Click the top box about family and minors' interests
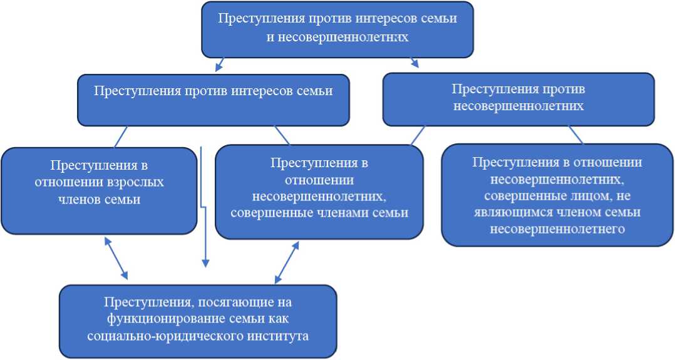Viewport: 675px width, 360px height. point(337,28)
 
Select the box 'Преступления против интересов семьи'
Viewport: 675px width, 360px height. point(213,100)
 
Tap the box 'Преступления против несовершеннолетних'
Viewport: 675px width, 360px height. point(518,98)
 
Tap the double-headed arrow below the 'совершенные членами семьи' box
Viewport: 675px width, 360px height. point(287,263)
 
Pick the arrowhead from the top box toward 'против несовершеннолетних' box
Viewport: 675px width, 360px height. point(415,63)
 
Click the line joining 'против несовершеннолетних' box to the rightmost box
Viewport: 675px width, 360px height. point(575,134)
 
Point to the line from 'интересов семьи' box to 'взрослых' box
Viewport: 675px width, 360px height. point(121,136)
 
